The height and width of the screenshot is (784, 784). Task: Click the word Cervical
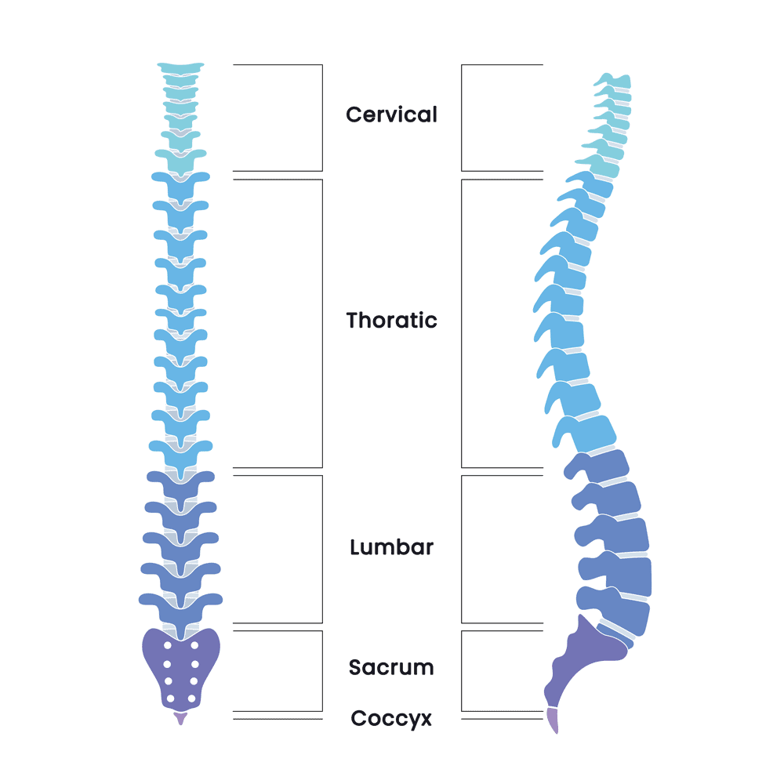tap(391, 114)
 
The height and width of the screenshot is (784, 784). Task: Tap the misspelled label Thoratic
tap(391, 320)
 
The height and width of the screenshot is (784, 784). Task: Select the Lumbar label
tap(391, 547)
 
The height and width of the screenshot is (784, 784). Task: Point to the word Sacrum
tap(391, 667)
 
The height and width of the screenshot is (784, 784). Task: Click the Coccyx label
tap(391, 719)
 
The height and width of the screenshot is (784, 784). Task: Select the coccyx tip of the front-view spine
tap(180, 718)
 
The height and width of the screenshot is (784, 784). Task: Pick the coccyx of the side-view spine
tap(553, 720)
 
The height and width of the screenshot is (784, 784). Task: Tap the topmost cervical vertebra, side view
tap(615, 81)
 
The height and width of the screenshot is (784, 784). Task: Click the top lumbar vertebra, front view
tap(180, 482)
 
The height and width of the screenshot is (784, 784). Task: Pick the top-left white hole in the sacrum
tap(168, 645)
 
